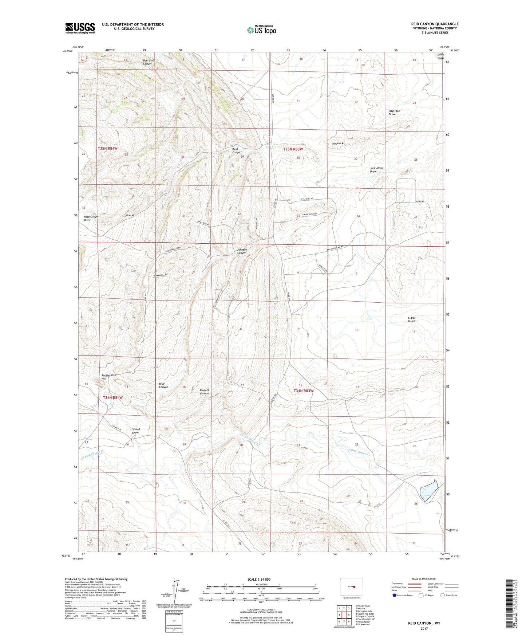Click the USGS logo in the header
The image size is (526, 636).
tap(80, 28)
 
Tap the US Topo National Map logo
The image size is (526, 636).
tap(261, 30)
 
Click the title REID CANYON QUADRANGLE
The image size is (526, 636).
tap(435, 24)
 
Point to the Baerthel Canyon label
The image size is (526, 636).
tap(147, 62)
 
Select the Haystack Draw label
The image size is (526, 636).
tap(394, 113)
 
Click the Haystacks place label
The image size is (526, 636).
tap(338, 144)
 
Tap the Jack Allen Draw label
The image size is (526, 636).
tap(376, 170)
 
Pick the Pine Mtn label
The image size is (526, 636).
tap(131, 215)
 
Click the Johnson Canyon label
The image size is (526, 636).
tap(242, 251)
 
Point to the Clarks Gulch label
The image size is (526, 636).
tap(411, 319)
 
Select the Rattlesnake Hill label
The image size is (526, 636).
tap(104, 377)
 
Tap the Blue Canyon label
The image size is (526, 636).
tap(163, 385)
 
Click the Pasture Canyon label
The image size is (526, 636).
tap(204, 392)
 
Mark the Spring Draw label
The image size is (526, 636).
tap(136, 431)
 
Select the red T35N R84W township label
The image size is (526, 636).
tap(107, 149)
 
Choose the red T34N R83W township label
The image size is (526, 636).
tap(303, 391)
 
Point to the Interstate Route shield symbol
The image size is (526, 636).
tap(395, 595)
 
